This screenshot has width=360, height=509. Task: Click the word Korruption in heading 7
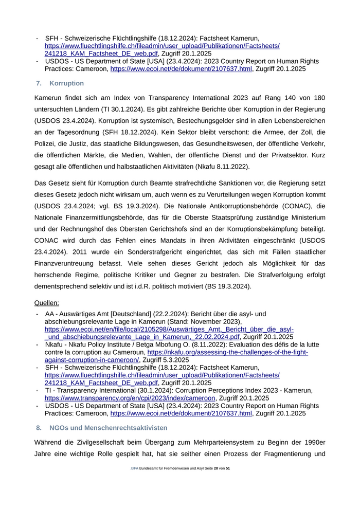click(x=67, y=83)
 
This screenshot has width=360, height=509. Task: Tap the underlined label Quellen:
click(x=47, y=303)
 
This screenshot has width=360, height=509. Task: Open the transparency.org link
click(x=130, y=398)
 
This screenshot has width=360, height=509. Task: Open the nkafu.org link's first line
click(x=227, y=352)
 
